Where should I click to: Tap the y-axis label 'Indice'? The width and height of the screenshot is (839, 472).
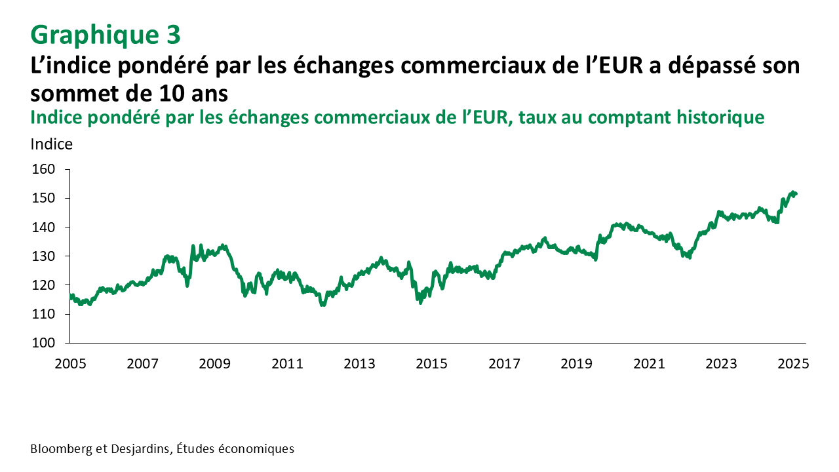(52, 144)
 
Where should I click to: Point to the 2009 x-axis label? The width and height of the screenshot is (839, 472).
(215, 363)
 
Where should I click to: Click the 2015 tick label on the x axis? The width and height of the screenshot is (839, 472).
(433, 363)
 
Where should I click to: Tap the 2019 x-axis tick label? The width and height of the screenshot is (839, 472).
(577, 363)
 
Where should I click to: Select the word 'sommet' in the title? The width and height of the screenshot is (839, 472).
(72, 94)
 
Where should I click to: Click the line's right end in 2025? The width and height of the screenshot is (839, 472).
(796, 193)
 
